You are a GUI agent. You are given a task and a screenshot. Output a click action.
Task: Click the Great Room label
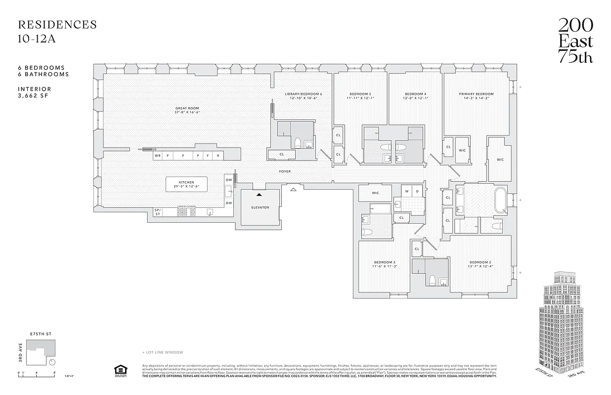(187, 108)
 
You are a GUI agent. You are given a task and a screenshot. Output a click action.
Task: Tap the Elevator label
(260, 207)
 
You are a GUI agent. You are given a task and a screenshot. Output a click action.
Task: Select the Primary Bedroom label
(476, 94)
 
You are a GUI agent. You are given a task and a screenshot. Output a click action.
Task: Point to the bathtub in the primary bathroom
(500, 200)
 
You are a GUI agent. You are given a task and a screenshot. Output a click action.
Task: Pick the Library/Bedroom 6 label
(303, 94)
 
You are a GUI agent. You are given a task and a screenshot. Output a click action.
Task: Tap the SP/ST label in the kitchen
(158, 212)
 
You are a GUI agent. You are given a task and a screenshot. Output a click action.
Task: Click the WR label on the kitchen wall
(158, 156)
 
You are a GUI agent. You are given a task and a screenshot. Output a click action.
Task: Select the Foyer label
(284, 171)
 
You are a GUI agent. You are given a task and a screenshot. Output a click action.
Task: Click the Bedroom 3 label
(384, 262)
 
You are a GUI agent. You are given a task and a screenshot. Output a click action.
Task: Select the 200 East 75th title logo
(575, 41)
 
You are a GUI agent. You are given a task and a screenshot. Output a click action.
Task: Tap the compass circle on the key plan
(52, 361)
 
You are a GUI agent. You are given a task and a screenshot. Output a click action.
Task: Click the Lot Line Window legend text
(163, 353)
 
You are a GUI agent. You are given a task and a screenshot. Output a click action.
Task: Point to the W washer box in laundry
(407, 191)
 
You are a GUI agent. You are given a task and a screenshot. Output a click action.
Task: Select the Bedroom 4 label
(415, 94)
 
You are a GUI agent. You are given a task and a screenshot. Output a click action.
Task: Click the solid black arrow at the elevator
(259, 195)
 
